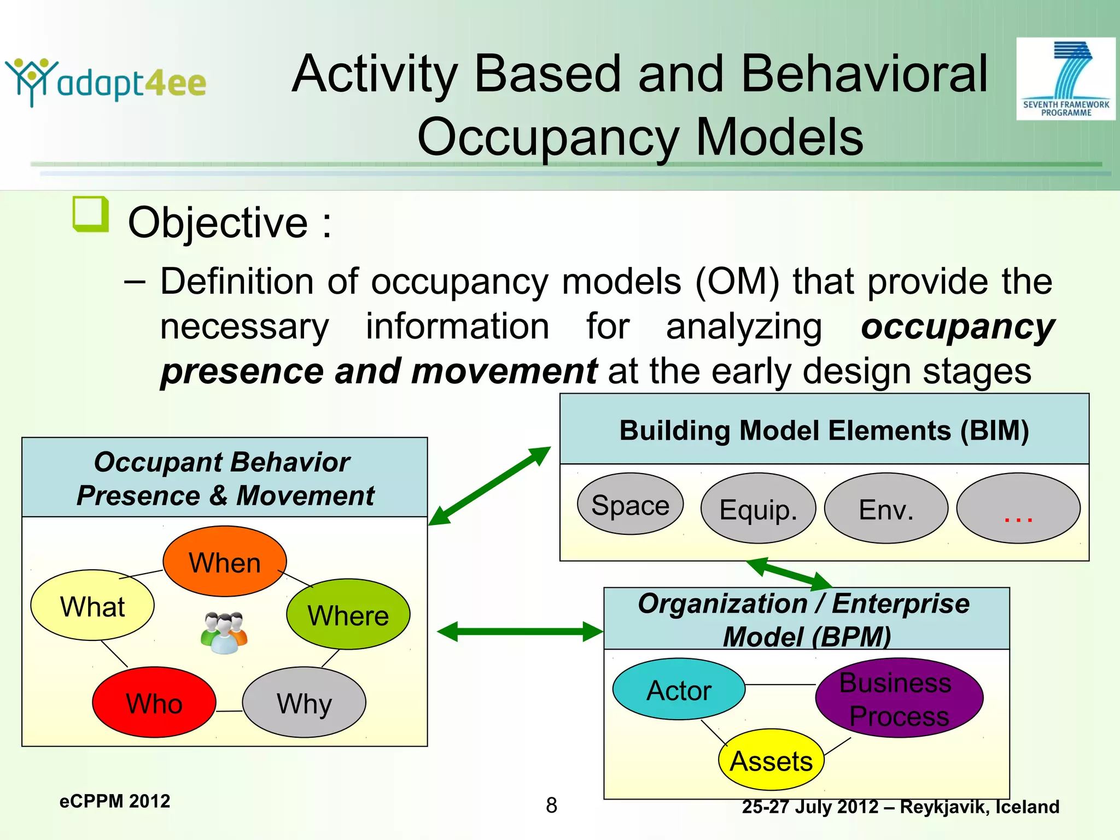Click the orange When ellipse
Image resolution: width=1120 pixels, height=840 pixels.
pyautogui.click(x=225, y=562)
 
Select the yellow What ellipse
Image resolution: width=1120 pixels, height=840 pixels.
pyautogui.click(x=92, y=605)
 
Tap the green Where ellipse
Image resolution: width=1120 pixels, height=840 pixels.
pyautogui.click(x=348, y=615)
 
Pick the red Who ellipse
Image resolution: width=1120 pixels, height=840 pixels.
pyautogui.click(x=154, y=703)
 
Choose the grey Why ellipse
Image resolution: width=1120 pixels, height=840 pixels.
pyautogui.click(x=304, y=703)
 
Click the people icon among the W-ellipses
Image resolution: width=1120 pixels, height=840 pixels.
pyautogui.click(x=224, y=633)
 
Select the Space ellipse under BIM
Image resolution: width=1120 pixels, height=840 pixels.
pyautogui.click(x=630, y=504)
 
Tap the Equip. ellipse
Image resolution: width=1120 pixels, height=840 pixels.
pyautogui.click(x=758, y=509)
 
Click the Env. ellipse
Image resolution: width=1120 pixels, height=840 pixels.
pyautogui.click(x=886, y=509)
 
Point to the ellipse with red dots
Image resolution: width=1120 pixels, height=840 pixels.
pyautogui.click(x=1018, y=509)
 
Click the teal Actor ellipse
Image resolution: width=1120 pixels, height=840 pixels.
pyautogui.click(x=679, y=690)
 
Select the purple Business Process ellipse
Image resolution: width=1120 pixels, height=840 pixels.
pyautogui.click(x=899, y=698)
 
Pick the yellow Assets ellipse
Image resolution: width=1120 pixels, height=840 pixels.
pyautogui.click(x=771, y=760)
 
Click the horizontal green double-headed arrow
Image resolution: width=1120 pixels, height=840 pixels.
pyautogui.click(x=520, y=632)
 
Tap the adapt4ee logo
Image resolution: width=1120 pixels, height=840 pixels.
pyautogui.click(x=106, y=82)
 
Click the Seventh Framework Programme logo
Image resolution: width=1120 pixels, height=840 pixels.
pyautogui.click(x=1065, y=79)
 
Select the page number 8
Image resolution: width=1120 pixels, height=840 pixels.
pyautogui.click(x=551, y=805)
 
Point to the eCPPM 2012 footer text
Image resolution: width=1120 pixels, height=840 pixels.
pyautogui.click(x=115, y=801)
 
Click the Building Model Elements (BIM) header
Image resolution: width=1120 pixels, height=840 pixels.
pyautogui.click(x=824, y=430)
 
